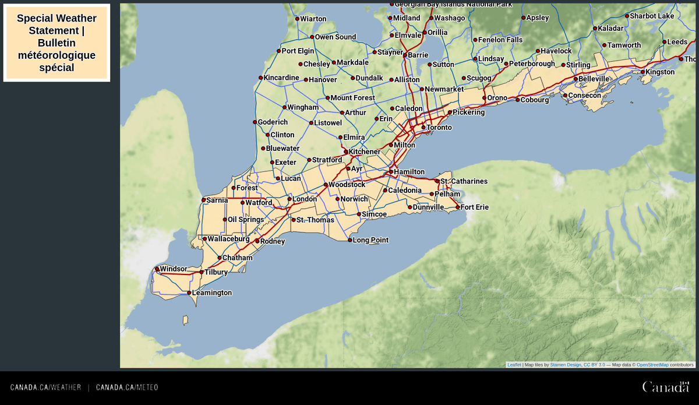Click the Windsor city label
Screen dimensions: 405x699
tap(173, 269)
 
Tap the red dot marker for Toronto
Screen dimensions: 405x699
tap(423, 127)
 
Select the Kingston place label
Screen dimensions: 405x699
tap(660, 72)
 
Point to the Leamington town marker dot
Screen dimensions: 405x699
tap(189, 293)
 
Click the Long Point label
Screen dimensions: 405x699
tap(370, 240)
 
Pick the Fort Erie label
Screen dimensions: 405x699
tap(474, 207)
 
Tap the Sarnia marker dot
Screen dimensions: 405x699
tap(204, 200)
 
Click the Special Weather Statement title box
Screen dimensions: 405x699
tap(57, 43)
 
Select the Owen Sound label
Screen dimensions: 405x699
tap(335, 37)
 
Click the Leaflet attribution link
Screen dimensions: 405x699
tap(514, 365)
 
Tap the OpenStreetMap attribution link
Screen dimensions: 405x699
tap(652, 365)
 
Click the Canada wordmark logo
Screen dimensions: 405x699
tap(665, 387)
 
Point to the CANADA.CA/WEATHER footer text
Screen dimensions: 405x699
tap(45, 388)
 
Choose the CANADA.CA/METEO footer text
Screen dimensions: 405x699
tap(127, 388)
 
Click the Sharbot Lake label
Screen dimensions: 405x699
tap(651, 16)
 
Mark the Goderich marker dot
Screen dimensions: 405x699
tap(255, 122)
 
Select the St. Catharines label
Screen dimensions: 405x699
tap(464, 181)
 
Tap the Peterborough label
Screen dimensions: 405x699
tap(532, 64)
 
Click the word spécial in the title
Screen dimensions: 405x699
tap(57, 68)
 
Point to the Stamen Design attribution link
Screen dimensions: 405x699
tap(565, 365)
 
